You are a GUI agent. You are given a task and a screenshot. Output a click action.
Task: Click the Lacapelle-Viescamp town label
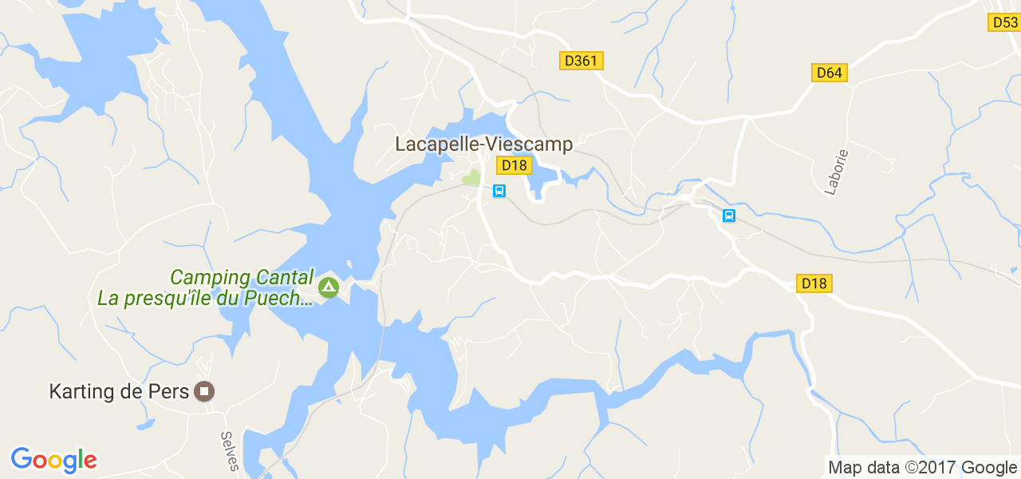pyautogui.click(x=484, y=144)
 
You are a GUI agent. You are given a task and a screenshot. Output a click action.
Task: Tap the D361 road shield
pyautogui.click(x=581, y=61)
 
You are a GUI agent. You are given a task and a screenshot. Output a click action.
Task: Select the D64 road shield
pyautogui.click(x=829, y=73)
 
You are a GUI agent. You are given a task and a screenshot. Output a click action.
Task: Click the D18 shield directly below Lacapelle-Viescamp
pyautogui.click(x=514, y=165)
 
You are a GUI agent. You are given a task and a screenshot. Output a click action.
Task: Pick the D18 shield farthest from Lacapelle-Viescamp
pyautogui.click(x=814, y=283)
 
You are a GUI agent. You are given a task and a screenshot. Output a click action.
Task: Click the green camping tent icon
pyautogui.click(x=327, y=287)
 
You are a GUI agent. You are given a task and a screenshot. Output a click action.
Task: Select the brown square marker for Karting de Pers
pyautogui.click(x=205, y=391)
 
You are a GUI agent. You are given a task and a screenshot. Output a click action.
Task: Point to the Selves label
pyautogui.click(x=228, y=451)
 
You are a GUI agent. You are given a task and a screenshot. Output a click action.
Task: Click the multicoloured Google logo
pyautogui.click(x=53, y=460)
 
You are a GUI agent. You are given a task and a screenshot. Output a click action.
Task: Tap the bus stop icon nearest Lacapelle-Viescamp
pyautogui.click(x=499, y=190)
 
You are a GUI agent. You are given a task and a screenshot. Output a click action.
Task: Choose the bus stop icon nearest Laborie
pyautogui.click(x=728, y=216)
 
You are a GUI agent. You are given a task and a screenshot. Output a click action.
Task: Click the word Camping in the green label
pyautogui.click(x=210, y=278)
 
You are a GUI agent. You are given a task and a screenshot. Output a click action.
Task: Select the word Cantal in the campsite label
pyautogui.click(x=285, y=278)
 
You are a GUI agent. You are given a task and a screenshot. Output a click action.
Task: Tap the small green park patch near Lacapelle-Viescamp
pyautogui.click(x=472, y=177)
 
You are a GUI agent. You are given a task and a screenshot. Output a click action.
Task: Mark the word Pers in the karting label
pyautogui.click(x=169, y=392)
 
